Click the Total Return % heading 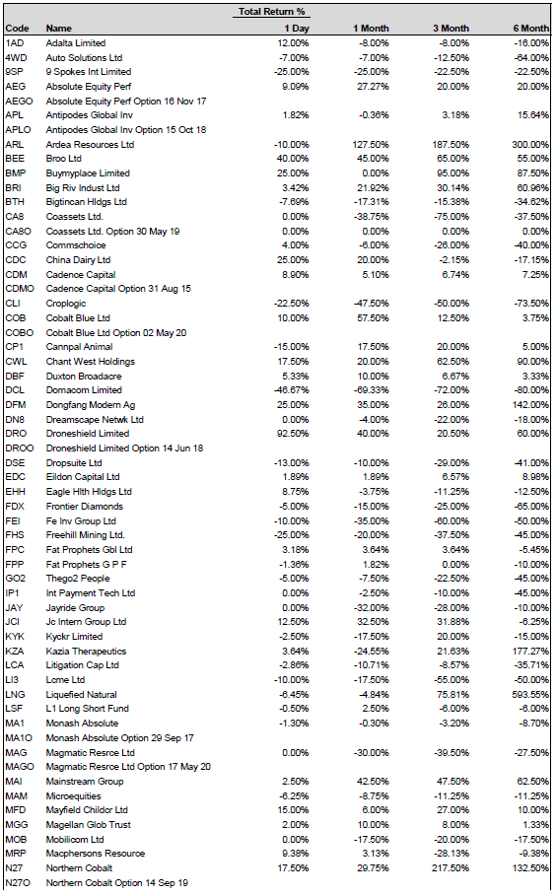271,12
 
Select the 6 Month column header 530,28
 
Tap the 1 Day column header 297,28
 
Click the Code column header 17,28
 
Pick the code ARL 14,145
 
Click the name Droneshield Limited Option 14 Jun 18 124,448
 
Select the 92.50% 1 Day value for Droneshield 293,434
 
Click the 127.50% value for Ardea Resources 371,145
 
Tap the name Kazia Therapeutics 87,651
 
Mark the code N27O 18,883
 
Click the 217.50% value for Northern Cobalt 451,868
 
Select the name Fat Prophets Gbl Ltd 89,550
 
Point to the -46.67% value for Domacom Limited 292,390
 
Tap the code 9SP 14,71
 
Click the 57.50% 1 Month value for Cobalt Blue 373,317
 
